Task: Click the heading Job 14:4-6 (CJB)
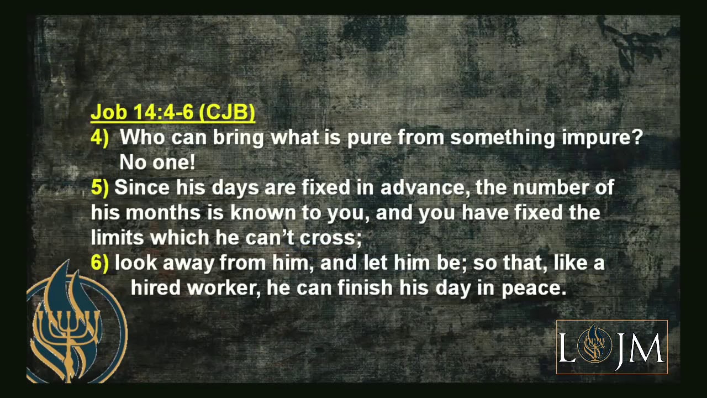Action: (x=173, y=112)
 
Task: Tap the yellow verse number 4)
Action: (x=100, y=137)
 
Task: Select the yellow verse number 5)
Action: (x=100, y=187)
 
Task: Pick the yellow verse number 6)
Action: (x=100, y=263)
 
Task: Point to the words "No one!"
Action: (x=157, y=163)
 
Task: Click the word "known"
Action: (x=263, y=213)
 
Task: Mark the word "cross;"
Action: (x=330, y=238)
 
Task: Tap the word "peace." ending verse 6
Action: (x=534, y=288)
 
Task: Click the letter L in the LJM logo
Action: (x=567, y=348)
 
